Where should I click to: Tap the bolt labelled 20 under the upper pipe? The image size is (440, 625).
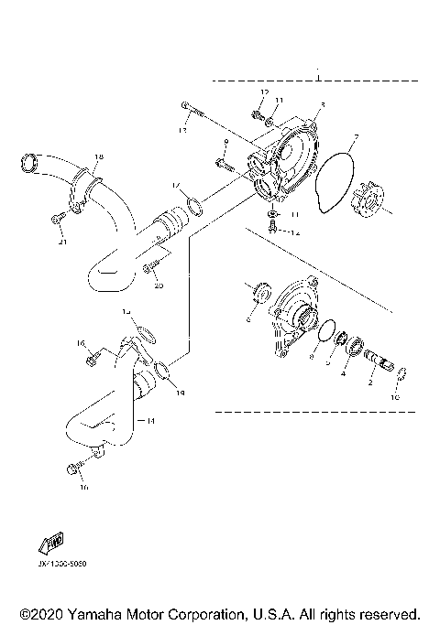coord(150,266)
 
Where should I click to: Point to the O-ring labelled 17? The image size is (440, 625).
coord(192,204)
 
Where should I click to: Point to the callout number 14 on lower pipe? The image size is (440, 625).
coord(151,420)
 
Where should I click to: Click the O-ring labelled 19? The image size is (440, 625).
coord(162,371)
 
